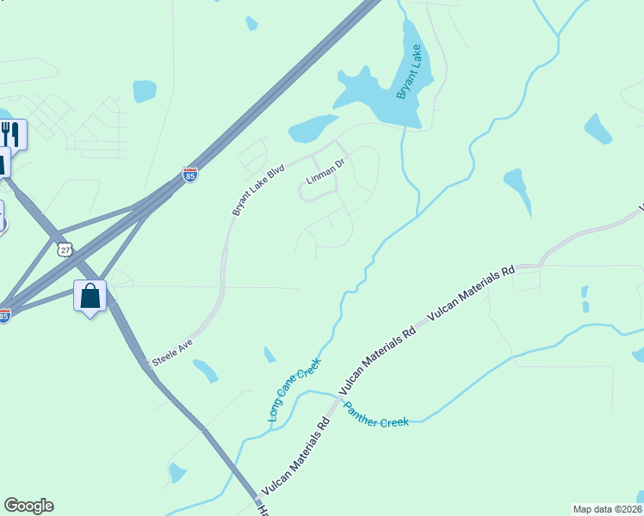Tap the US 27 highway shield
tap(65, 249)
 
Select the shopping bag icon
tap(90, 296)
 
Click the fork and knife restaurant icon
tap(10, 134)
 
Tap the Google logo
tap(28, 506)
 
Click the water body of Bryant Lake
tap(387, 95)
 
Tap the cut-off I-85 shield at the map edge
tap(4, 316)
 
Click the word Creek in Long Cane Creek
tap(308, 375)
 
